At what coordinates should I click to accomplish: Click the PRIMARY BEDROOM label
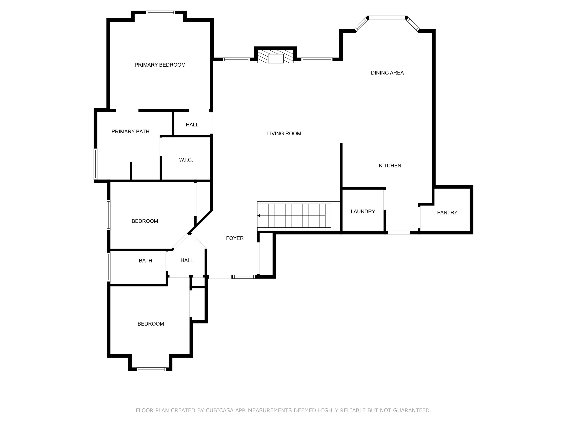160,65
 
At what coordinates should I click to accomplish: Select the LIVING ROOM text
284,134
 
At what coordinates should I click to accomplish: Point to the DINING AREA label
387,73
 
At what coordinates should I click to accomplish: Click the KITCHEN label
390,165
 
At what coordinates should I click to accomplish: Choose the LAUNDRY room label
363,211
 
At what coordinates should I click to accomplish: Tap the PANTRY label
447,212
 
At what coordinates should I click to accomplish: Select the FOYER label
235,238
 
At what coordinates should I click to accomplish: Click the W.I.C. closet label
186,160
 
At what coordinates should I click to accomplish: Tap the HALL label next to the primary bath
192,125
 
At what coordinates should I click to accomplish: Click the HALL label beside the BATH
187,260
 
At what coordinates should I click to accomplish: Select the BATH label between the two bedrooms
145,260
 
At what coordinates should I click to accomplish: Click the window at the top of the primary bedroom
161,12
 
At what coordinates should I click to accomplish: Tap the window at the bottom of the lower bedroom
151,369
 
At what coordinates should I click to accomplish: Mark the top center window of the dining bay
387,17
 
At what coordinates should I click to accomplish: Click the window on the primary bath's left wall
95,164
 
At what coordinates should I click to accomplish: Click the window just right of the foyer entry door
244,277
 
